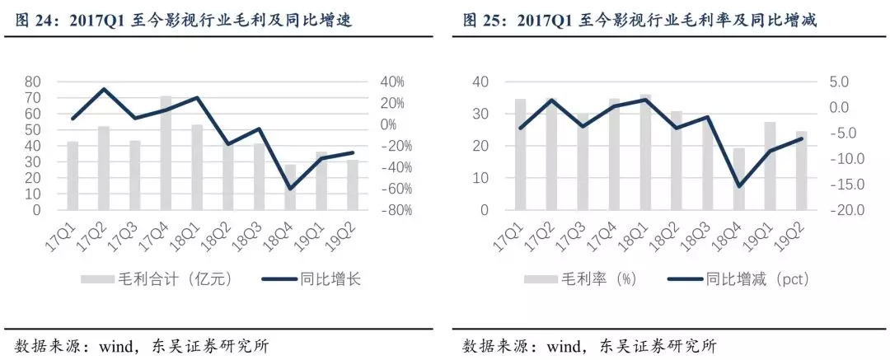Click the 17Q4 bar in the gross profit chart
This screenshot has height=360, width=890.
pos(166,153)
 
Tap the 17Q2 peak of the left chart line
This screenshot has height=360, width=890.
pos(104,89)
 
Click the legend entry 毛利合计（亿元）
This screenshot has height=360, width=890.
pos(156,279)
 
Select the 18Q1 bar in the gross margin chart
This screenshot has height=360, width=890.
pos(645,152)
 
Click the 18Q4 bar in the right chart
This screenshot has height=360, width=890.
pos(739,179)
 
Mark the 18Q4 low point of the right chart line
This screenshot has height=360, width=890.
pos(739,186)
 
